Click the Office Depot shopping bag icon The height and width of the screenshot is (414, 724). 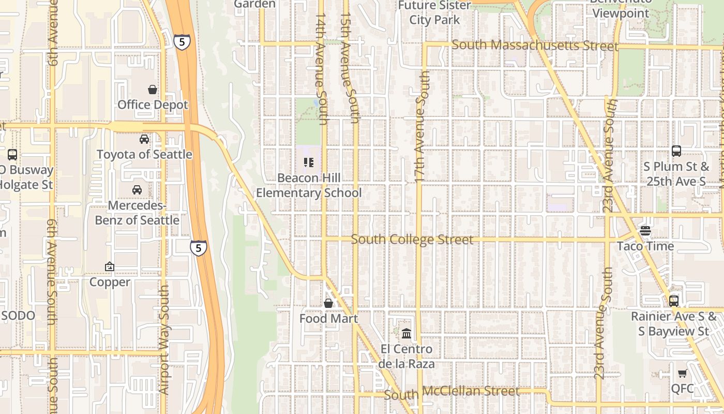tap(153, 90)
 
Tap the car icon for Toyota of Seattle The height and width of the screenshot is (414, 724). tap(144, 139)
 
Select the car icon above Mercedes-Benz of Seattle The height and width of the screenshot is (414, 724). tap(137, 190)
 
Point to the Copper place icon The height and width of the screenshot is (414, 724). tap(110, 267)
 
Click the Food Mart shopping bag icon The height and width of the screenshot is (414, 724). tap(328, 303)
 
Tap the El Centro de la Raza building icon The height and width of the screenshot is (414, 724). tap(406, 333)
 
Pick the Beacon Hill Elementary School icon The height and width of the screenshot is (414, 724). tap(309, 163)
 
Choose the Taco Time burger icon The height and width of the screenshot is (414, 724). tap(645, 230)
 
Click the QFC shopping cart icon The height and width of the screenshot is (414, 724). tap(682, 373)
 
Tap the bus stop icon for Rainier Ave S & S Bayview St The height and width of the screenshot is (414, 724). tap(673, 301)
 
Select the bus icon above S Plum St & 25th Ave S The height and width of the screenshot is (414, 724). tap(676, 151)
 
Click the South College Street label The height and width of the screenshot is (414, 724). tap(412, 240)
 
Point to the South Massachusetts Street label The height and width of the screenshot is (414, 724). tap(535, 46)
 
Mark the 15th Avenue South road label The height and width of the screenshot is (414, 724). tap(350, 67)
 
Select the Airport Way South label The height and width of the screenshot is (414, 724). tap(164, 339)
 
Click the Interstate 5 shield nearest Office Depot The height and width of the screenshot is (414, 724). tap(182, 42)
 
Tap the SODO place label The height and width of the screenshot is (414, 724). tap(18, 316)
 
